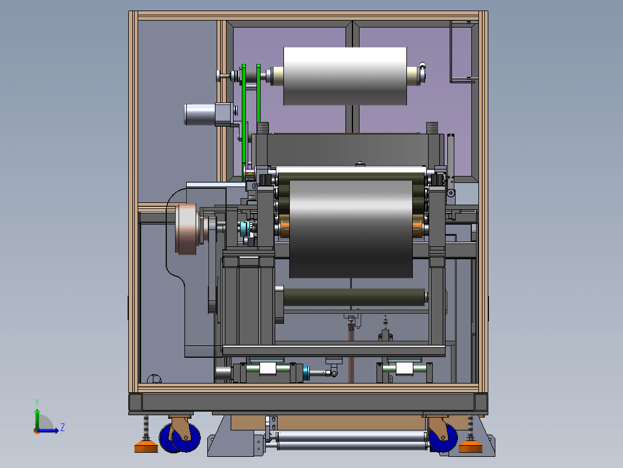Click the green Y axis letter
pos(36,402)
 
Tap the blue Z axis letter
pos(63,428)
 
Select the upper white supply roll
pos(345,76)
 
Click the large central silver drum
pos(351,229)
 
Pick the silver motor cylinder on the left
pos(200,114)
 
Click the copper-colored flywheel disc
pos(186,229)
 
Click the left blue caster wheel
pos(179,438)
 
